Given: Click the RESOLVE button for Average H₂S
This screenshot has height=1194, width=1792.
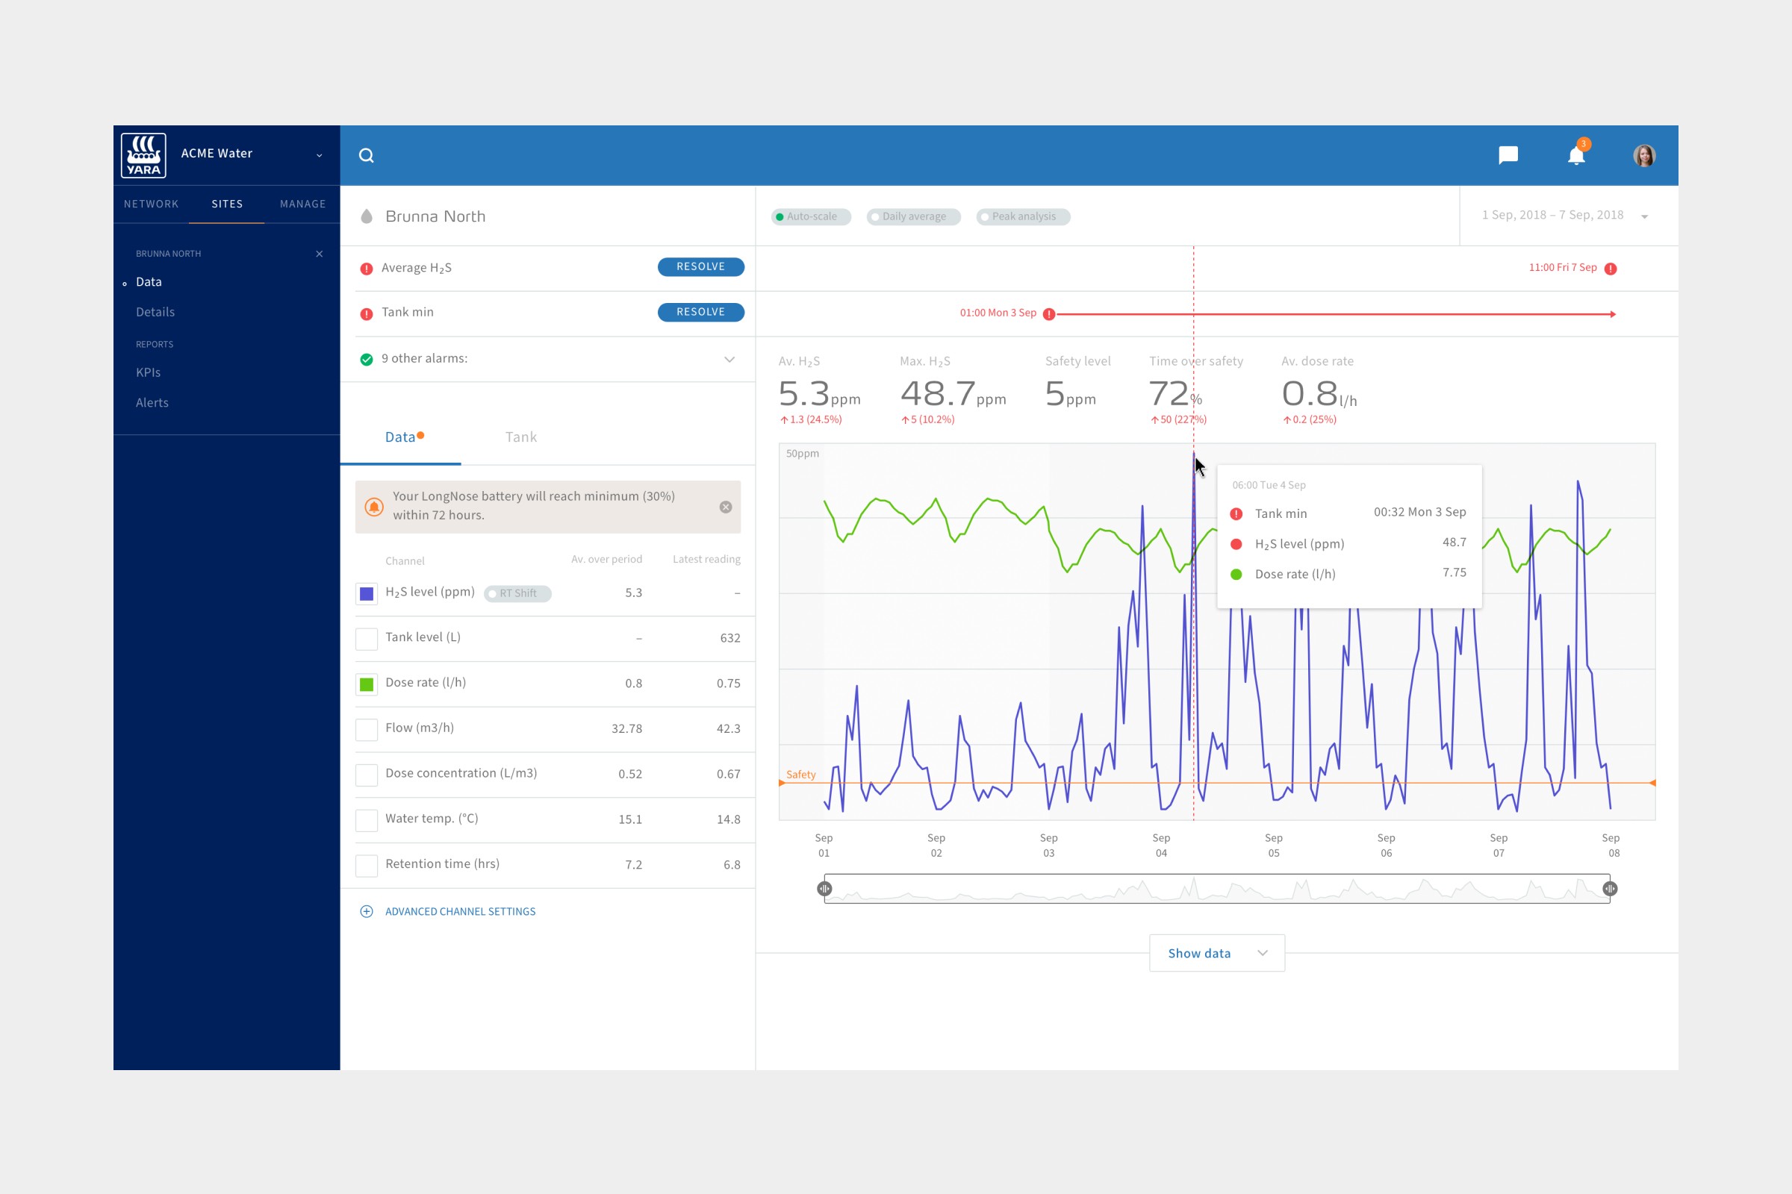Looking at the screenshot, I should pos(700,266).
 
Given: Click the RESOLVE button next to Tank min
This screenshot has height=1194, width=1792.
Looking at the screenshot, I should pos(700,312).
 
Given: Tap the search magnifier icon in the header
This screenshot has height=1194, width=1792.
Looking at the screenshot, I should pos(367,155).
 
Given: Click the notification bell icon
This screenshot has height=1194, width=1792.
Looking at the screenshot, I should pos(1575,156).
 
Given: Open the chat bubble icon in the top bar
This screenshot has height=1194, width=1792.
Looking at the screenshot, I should pos(1508,155).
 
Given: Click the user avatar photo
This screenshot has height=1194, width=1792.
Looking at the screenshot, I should pos(1643,155).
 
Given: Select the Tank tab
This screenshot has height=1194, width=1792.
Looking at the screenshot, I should pos(520,437).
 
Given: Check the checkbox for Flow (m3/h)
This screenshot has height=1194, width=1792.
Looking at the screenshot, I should pos(367,729).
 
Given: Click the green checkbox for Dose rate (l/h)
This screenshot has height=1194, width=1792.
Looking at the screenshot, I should pos(367,684).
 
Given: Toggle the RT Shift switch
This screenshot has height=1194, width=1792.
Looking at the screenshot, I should pos(517,593).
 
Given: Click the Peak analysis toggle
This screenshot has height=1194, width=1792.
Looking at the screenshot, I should pos(1022,217).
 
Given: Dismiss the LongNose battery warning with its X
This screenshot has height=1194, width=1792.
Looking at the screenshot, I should pos(725,507).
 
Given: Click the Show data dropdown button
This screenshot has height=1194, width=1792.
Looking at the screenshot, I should pos(1216,954).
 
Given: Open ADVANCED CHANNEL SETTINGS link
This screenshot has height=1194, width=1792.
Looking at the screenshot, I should pos(459,911).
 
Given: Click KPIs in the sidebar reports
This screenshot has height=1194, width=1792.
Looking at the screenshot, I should pos(148,372).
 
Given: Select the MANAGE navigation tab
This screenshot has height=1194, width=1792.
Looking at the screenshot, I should pos(302,204).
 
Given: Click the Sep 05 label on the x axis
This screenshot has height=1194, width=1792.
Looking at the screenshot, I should pos(1273,846).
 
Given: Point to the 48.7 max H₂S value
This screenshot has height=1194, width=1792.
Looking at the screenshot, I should pos(937,394).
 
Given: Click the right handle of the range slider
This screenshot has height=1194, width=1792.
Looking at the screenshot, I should pos(1609,889).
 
